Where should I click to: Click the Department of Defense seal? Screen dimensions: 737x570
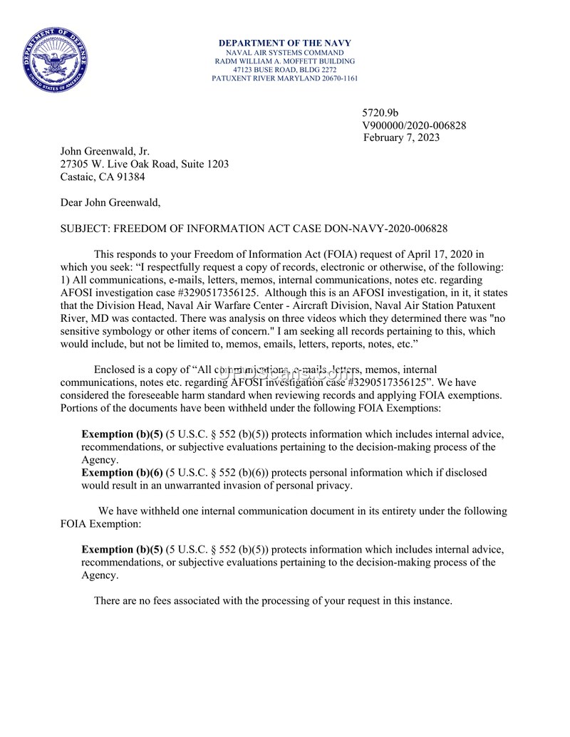coord(55,59)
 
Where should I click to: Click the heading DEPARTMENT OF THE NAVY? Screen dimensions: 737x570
coord(284,43)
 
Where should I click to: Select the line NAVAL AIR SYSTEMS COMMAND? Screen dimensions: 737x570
coord(284,53)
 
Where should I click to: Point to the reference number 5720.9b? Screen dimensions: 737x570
coord(380,113)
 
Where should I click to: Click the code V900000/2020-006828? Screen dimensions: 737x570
coord(415,125)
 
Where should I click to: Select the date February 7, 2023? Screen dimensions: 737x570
coord(401,137)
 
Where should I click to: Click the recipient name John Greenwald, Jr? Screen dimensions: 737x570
coord(105,151)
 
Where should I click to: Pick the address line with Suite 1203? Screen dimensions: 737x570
coord(145,164)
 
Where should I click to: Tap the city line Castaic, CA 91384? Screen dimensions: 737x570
coord(103,177)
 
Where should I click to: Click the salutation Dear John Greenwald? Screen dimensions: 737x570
coord(110,203)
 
